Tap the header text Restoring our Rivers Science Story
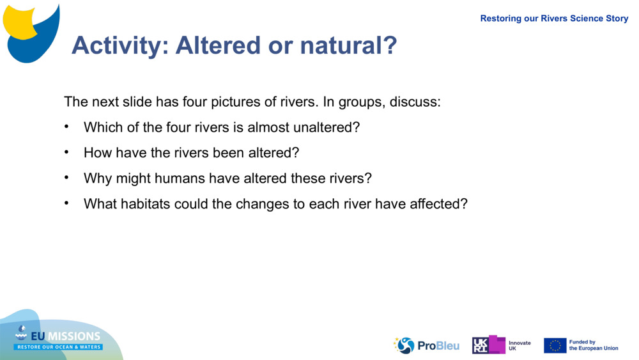554,19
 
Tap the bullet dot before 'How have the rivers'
66,152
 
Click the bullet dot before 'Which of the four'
66,127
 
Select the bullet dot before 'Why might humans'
66,178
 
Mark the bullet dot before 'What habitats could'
66,203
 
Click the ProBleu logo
426,345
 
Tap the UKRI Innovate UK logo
501,345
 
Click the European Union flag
555,345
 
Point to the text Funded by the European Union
594,345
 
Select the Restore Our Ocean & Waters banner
59,347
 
